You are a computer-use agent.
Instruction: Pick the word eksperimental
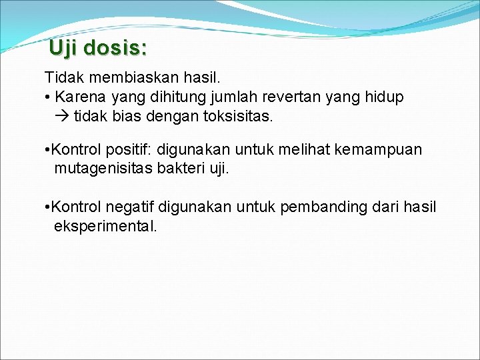pos(105,226)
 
